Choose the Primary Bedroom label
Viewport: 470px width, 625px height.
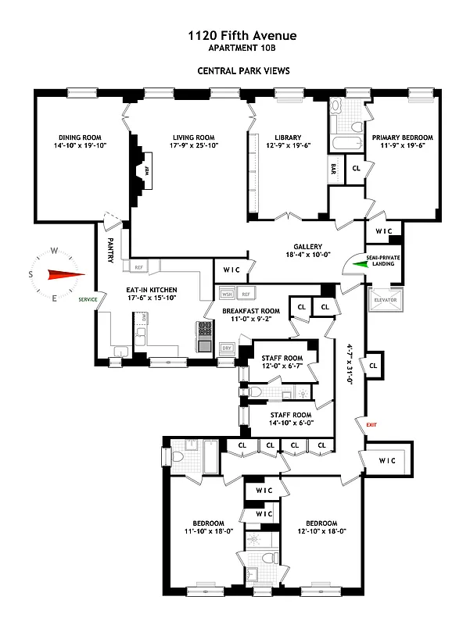pyautogui.click(x=402, y=135)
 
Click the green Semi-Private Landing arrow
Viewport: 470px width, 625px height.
pyautogui.click(x=361, y=264)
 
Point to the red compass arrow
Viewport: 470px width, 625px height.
pyautogui.click(x=64, y=274)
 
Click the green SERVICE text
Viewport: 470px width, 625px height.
pyautogui.click(x=88, y=298)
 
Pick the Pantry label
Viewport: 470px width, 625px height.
pyautogui.click(x=111, y=250)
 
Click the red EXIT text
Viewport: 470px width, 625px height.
pyautogui.click(x=371, y=424)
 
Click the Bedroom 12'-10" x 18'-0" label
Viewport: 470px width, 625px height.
pyautogui.click(x=321, y=523)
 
